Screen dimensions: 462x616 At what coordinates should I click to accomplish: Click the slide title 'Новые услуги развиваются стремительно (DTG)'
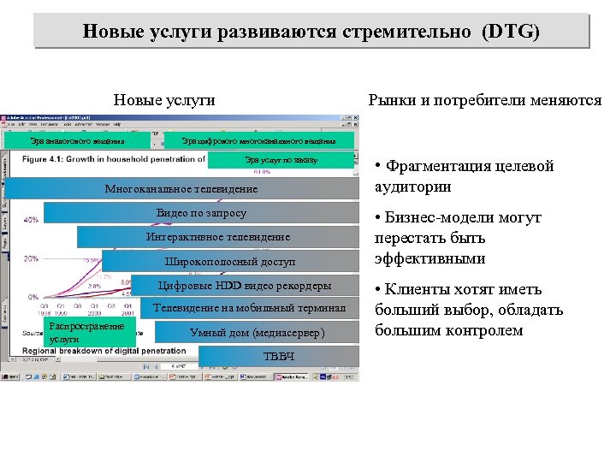pyautogui.click(x=311, y=32)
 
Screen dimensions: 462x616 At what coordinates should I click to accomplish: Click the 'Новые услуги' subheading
pyautogui.click(x=164, y=100)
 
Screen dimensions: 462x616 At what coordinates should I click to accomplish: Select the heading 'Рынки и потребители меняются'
pyautogui.click(x=484, y=100)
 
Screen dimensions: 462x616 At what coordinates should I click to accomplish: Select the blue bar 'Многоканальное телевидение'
pyautogui.click(x=181, y=188)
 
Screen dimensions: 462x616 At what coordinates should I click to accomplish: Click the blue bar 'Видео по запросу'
pyautogui.click(x=201, y=213)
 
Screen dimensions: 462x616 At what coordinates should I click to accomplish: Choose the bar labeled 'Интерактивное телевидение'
pyautogui.click(x=218, y=237)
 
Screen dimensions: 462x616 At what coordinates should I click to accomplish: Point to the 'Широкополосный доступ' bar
pyautogui.click(x=229, y=261)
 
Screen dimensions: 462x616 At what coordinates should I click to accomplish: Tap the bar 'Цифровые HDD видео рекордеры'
pyautogui.click(x=245, y=285)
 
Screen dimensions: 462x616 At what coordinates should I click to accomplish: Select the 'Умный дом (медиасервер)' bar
pyautogui.click(x=257, y=332)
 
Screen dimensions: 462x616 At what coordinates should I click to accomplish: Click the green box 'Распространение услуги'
pyautogui.click(x=86, y=333)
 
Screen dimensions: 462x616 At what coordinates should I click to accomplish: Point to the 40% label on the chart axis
pyautogui.click(x=30, y=221)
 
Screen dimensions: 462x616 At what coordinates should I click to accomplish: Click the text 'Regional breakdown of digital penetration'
pyautogui.click(x=103, y=351)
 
